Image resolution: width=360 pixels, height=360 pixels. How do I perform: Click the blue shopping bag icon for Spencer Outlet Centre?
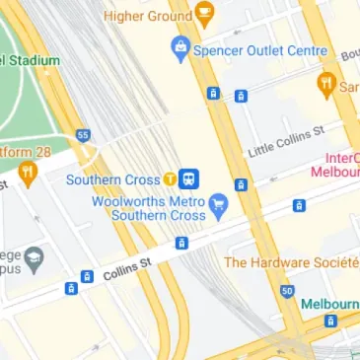180,46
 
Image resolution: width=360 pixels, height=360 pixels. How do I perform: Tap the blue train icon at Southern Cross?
189,180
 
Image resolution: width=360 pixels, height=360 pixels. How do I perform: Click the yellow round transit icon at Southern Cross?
170,180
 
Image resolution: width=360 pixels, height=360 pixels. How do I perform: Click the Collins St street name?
127,267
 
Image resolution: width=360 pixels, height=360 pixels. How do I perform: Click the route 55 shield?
84,134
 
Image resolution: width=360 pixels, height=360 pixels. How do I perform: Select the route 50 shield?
286,291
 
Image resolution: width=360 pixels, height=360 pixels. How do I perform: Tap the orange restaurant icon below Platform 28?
27,175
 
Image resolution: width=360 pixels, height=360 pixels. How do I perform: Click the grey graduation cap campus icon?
36,259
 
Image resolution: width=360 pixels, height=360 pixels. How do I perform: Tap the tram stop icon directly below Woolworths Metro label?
180,243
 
